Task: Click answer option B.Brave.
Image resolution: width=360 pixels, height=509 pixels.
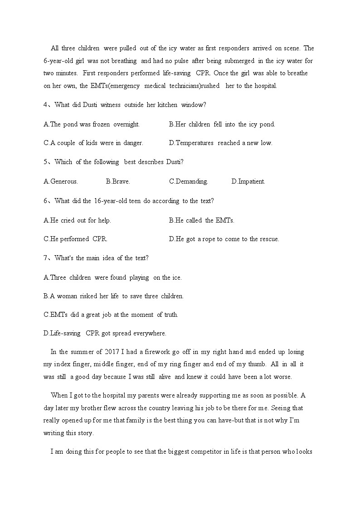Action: [x=118, y=181]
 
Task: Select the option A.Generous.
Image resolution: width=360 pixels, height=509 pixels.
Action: [x=61, y=181]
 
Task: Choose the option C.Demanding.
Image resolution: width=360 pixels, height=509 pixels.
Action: [x=189, y=181]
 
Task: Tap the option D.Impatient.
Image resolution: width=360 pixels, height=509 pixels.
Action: [x=248, y=181]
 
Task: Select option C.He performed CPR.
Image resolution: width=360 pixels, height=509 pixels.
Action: [x=75, y=239]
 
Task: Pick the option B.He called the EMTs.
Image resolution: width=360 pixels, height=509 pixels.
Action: [x=201, y=220]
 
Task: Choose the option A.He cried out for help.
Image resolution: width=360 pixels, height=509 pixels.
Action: [x=77, y=220]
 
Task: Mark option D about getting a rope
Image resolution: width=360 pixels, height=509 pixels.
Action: [x=224, y=239]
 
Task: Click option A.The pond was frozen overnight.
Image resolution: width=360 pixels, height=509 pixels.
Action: [x=92, y=124]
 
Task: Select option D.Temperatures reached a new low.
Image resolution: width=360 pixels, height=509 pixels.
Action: [x=220, y=143]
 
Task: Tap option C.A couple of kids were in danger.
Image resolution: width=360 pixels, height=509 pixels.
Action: [x=93, y=143]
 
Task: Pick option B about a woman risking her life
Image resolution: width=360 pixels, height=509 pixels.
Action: [x=113, y=296]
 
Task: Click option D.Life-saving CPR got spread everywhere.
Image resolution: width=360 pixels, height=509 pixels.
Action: [x=105, y=333]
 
